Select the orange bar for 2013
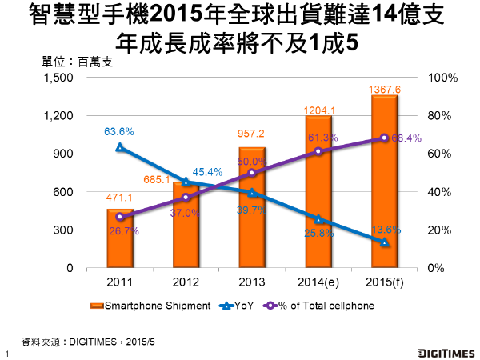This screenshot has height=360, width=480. (x=252, y=208)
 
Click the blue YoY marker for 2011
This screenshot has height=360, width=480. (x=120, y=147)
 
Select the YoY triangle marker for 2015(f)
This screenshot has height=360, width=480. (x=385, y=242)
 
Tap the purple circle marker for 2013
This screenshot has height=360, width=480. (x=252, y=173)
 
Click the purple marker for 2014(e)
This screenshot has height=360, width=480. (x=318, y=151)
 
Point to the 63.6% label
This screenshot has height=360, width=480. (x=119, y=131)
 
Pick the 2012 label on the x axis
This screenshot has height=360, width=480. (x=186, y=282)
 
